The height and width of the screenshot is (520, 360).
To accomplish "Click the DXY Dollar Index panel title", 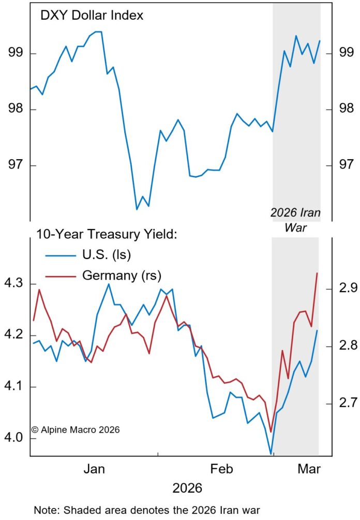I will [x=92, y=16].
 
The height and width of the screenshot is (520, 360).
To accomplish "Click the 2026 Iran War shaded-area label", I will [x=296, y=219].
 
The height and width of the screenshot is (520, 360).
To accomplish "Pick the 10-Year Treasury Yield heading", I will [x=107, y=234].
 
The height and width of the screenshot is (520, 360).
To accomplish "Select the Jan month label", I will [x=94, y=469].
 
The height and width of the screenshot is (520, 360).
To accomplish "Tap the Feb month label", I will [x=223, y=469].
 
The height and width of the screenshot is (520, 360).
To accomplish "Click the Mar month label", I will [x=309, y=469].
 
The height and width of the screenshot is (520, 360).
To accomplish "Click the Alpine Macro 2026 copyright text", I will [x=76, y=429].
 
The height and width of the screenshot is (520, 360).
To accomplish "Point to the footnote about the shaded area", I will [x=146, y=510].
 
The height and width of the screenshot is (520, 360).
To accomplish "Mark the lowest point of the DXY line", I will [x=137, y=209].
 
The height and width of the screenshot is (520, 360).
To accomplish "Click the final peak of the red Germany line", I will [x=317, y=273].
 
